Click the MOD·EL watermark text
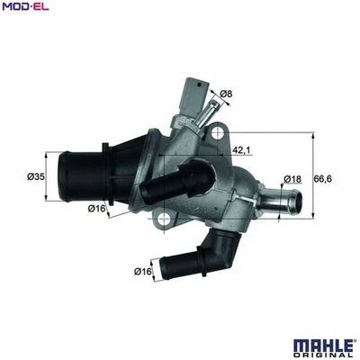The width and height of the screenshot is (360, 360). [24, 7]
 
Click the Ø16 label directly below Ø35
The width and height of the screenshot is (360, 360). [97, 209]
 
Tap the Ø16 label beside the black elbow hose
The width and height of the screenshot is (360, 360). [141, 271]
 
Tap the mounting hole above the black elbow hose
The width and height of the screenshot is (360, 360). [163, 217]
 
